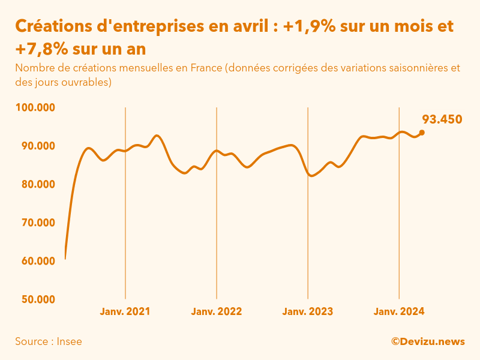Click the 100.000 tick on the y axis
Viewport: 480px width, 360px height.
(x=35, y=108)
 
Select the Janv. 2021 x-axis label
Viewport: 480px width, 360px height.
(x=125, y=312)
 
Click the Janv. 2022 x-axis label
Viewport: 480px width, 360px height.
(x=217, y=312)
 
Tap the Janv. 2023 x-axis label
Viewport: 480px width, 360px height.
(x=308, y=312)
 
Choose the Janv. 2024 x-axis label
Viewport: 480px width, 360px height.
(x=399, y=312)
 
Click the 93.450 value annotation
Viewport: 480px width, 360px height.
(x=442, y=119)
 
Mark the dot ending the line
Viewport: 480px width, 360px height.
(x=422, y=133)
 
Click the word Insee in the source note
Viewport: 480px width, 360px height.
(x=70, y=342)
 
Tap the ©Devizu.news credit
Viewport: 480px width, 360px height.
(x=428, y=342)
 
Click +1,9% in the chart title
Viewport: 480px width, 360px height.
(x=310, y=27)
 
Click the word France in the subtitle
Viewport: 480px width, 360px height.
(x=206, y=68)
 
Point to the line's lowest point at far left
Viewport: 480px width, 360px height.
(x=65, y=259)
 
